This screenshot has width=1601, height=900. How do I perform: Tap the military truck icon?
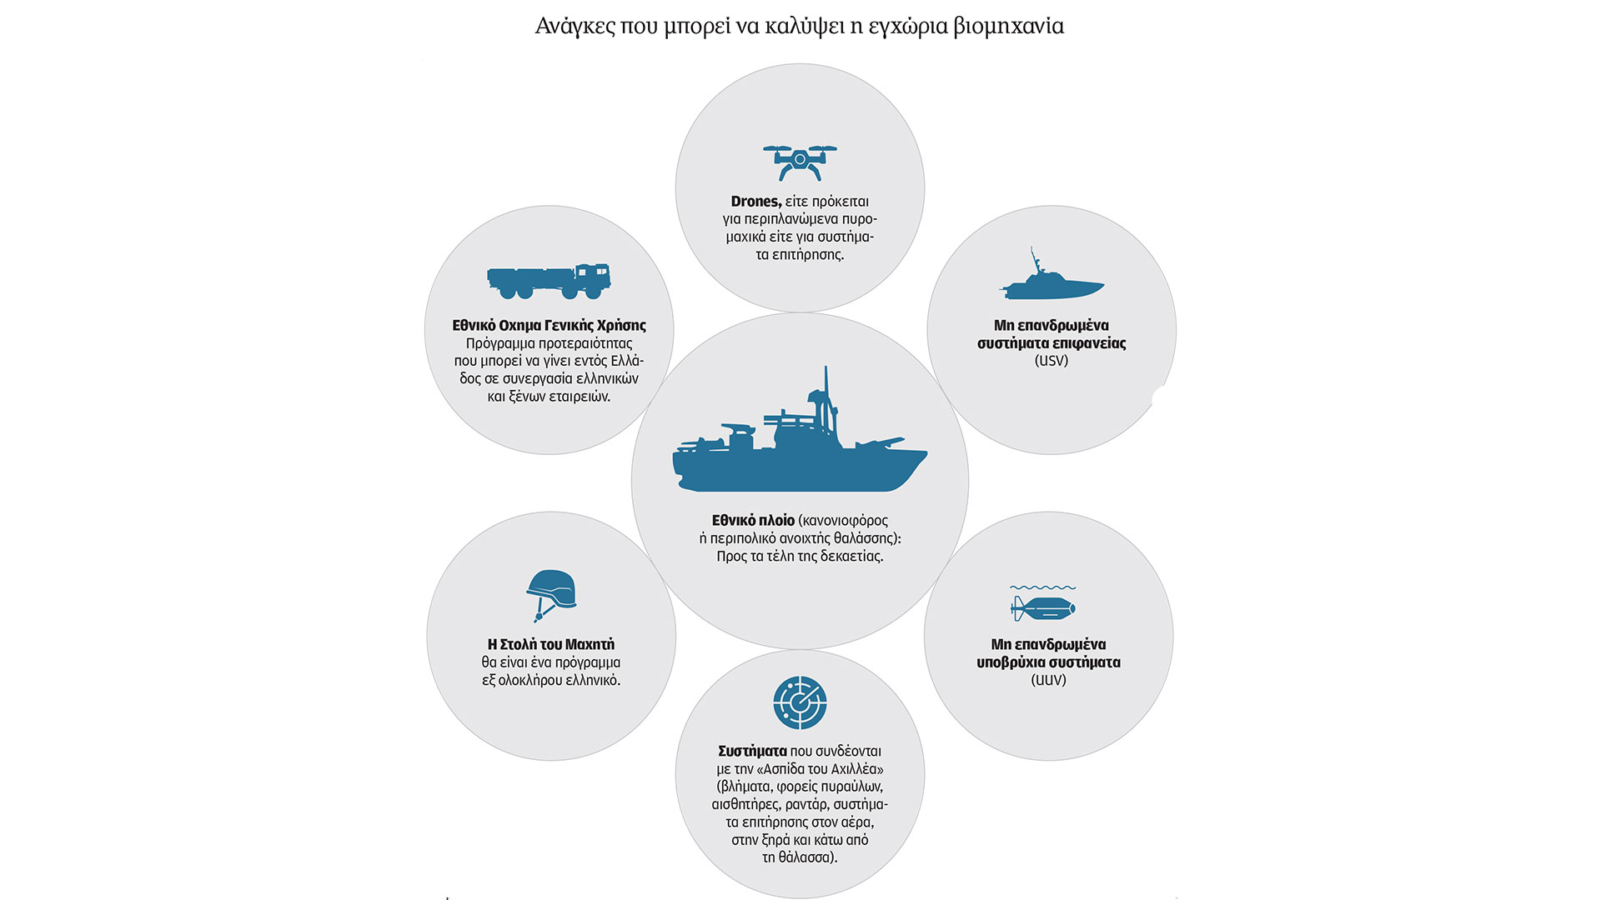pos(549,282)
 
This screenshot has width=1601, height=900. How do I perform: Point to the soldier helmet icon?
pos(550,594)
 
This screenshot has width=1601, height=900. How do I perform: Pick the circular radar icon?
pos(800,702)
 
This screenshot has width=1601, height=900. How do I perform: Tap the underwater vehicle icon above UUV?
pos(1043,607)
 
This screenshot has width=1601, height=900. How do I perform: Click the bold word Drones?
pos(755,202)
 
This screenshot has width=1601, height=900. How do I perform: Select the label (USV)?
pos(1051,361)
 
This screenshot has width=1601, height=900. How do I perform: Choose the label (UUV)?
pos(1048,680)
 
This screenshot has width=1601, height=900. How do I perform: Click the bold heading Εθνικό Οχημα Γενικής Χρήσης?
pos(549,326)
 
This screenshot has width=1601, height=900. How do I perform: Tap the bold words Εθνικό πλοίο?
pos(753,521)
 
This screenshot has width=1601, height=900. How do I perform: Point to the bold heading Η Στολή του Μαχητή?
pos(550,645)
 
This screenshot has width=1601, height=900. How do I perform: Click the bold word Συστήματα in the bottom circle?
pos(752,752)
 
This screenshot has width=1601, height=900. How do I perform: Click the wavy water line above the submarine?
pos(1042,587)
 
